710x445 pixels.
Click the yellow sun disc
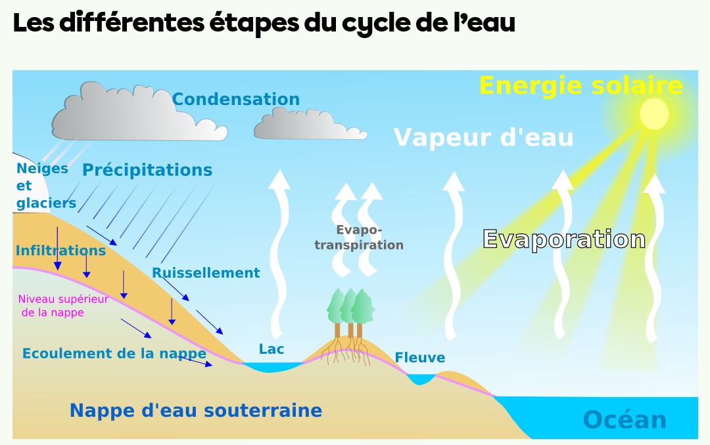coord(654,114)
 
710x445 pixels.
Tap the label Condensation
coord(236,100)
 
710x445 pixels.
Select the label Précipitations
coord(147,170)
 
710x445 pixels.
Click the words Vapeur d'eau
coord(483,138)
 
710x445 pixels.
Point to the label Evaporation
coord(564,239)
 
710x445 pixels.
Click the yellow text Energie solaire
coord(581,86)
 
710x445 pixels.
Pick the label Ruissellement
coord(206,272)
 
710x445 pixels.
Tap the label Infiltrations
coord(60,251)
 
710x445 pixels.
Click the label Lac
coord(272,349)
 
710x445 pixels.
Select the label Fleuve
coord(420,358)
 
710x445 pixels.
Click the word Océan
coord(625,419)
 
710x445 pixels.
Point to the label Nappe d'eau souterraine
coord(196,411)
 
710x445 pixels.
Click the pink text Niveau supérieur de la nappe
coord(63,305)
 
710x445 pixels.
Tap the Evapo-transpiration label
coord(359,238)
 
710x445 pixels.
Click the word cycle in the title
coord(376,24)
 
